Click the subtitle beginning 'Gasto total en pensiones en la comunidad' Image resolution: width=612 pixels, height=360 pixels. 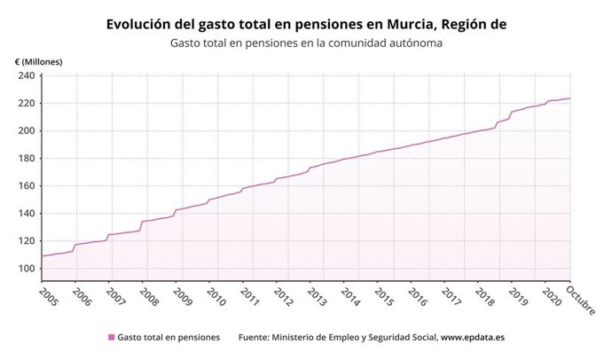[x=305, y=43]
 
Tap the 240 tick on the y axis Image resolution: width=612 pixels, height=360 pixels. [x=25, y=75]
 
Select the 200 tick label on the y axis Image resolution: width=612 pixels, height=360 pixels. [x=25, y=130]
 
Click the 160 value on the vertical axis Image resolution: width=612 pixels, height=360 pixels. [x=25, y=185]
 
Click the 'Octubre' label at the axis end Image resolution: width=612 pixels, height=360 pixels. [x=582, y=300]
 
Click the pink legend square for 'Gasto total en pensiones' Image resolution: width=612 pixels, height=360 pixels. [x=111, y=337]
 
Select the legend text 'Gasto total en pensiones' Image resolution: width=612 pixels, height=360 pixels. [x=169, y=337]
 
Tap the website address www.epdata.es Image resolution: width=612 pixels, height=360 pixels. [x=474, y=337]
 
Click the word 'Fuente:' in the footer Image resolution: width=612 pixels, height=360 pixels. [x=258, y=337]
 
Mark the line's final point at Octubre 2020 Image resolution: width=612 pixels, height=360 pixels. [x=569, y=98]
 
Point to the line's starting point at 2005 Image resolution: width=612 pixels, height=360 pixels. [x=42, y=255]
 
